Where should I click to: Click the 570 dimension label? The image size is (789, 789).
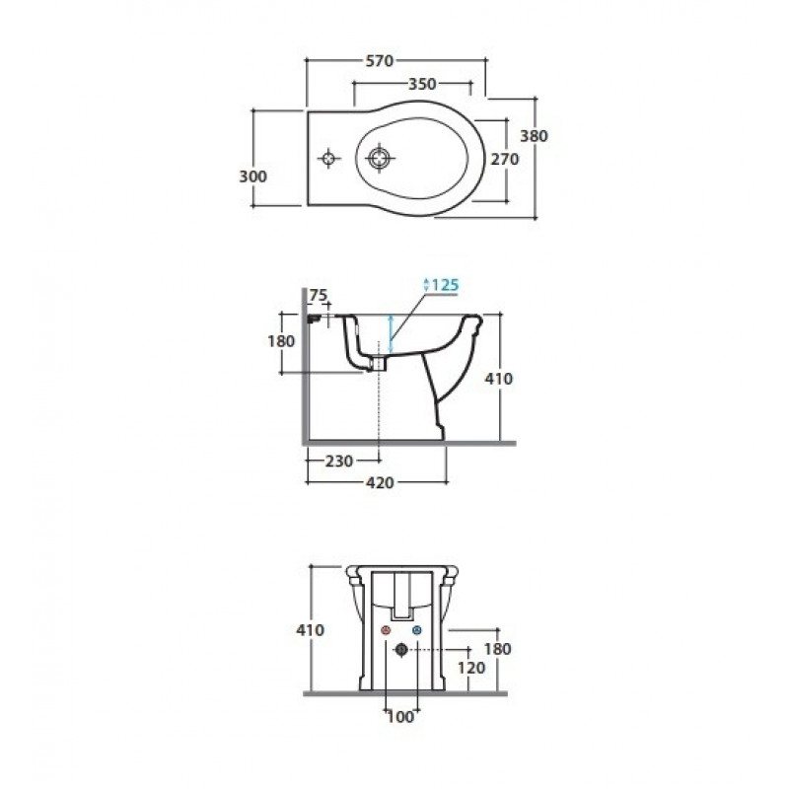379,61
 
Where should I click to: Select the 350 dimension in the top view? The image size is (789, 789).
422,84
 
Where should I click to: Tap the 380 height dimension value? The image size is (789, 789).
534,136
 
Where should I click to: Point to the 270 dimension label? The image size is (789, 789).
505,159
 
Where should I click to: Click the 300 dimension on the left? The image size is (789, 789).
252,177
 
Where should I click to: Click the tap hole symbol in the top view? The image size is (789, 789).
329,159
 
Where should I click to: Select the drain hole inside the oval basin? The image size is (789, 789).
379,159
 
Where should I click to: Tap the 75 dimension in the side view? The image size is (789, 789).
318,295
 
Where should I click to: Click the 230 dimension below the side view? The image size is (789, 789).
338,461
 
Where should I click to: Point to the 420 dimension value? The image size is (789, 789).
380,483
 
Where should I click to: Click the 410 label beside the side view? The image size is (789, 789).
499,379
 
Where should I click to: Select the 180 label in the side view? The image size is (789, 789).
281,341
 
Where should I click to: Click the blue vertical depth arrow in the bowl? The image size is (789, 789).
390,333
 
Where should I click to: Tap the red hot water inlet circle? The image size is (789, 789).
386,630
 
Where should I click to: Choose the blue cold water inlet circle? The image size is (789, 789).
416,630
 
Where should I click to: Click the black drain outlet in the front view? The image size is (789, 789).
401,650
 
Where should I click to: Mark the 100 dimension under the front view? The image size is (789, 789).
400,717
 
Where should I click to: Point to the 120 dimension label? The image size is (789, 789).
471,668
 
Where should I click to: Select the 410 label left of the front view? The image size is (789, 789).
311,629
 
